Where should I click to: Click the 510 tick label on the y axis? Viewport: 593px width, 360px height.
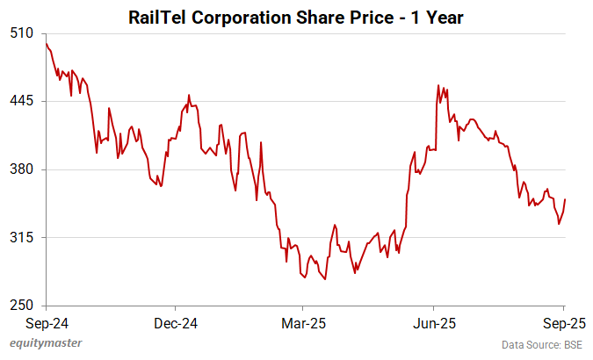[x=22, y=33]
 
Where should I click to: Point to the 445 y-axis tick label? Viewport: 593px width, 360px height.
[x=22, y=101]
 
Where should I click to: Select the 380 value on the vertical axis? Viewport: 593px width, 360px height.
[x=22, y=169]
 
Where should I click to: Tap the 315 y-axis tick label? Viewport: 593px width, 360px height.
[x=22, y=238]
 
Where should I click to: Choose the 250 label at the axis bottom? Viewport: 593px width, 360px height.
[x=22, y=306]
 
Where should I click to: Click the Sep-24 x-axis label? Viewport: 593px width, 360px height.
[x=46, y=323]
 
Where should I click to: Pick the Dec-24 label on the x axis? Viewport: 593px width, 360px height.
[x=175, y=323]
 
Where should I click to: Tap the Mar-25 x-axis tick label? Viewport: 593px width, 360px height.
[x=303, y=323]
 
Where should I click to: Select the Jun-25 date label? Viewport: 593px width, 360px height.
[x=434, y=323]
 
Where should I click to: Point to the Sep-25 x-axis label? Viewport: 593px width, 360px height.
[x=562, y=323]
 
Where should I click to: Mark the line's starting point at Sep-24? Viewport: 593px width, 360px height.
[x=46, y=43]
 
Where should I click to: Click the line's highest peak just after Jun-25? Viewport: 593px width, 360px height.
[x=438, y=85]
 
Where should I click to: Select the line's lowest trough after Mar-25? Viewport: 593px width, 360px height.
[x=325, y=279]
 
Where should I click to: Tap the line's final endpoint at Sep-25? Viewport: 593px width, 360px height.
[x=564, y=199]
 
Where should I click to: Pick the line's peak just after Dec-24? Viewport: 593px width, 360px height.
[x=189, y=95]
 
